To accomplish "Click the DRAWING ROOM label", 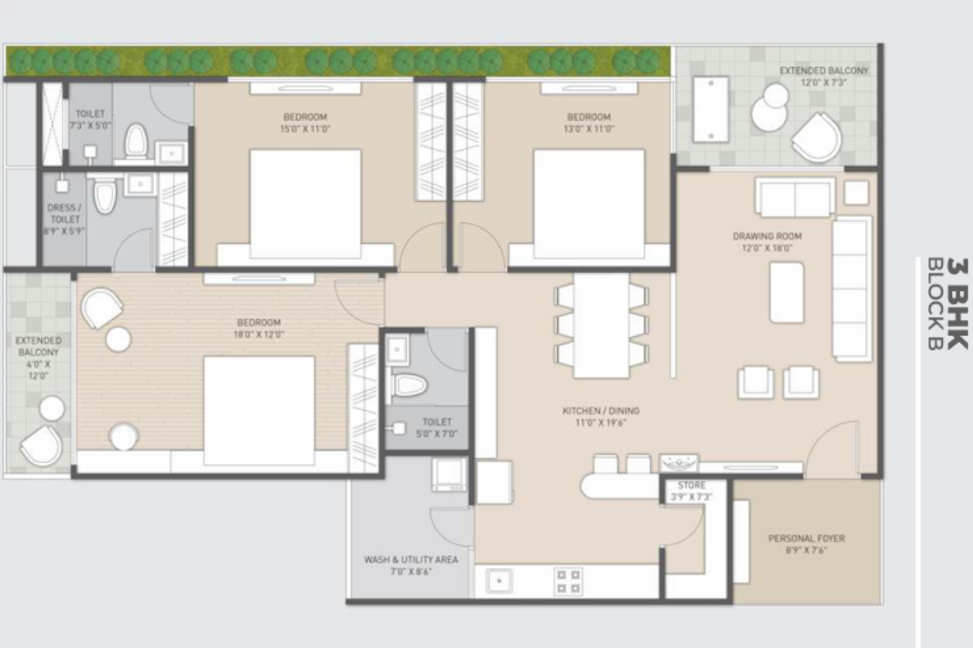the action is [x=767, y=237].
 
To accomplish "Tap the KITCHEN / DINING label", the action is [x=601, y=411].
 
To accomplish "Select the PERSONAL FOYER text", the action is [x=807, y=538].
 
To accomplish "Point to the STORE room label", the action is [x=692, y=485].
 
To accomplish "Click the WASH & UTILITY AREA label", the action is [x=411, y=560].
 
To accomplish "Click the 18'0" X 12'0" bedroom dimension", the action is [x=259, y=335].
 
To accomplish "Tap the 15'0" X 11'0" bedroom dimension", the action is [x=305, y=129].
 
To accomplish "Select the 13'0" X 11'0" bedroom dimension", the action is [x=589, y=129].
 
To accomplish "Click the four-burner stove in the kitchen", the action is [x=568, y=582].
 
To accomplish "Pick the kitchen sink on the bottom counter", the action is [x=499, y=580].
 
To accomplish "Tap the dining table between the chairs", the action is [x=601, y=325].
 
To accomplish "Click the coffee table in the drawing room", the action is [x=787, y=292].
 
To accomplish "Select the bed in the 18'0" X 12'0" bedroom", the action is [x=259, y=411].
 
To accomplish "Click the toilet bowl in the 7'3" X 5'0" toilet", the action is [x=135, y=140].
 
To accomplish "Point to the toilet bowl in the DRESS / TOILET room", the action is [x=105, y=196].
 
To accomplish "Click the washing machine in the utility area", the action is [x=448, y=475].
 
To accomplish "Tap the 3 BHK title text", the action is [x=957, y=304].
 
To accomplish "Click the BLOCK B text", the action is [x=935, y=304].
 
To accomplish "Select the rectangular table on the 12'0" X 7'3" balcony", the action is [x=711, y=109].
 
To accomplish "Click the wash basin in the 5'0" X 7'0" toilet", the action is [x=397, y=350].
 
